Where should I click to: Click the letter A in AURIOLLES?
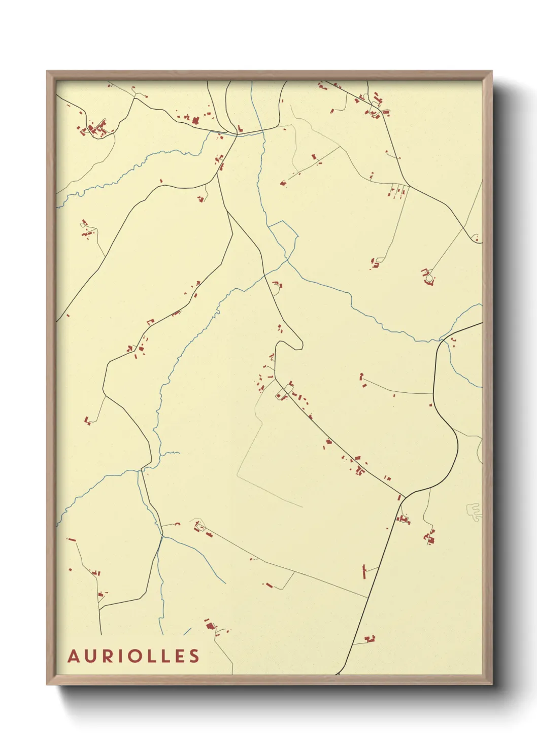pyautogui.click(x=74, y=656)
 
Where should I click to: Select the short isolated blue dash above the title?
pyautogui.click(x=187, y=631)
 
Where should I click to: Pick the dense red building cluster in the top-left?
pyautogui.click(x=94, y=129)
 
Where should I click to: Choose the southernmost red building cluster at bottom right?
pyautogui.click(x=370, y=638)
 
